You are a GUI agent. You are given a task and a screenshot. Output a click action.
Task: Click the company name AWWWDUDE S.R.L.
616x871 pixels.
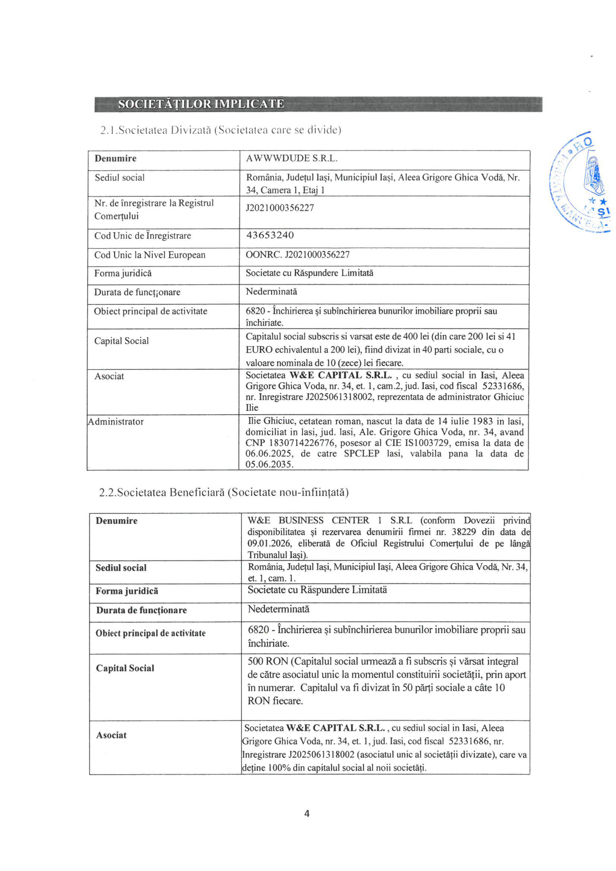(291, 159)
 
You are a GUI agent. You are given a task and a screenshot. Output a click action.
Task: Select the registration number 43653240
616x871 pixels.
(270, 235)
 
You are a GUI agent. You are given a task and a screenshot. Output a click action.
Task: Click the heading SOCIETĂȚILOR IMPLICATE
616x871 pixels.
(201, 104)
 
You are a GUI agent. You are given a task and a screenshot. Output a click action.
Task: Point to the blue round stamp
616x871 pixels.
(580, 182)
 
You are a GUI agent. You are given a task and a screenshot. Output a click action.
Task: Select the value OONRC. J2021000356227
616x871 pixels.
(298, 255)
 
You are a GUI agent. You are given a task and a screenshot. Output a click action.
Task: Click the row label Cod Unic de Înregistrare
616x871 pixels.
(143, 236)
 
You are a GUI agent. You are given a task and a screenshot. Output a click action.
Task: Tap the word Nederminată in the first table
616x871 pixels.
(271, 292)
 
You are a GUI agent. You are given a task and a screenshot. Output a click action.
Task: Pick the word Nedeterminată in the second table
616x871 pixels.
(278, 609)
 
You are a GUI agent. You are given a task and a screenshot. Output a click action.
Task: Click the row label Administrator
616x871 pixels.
(116, 422)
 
